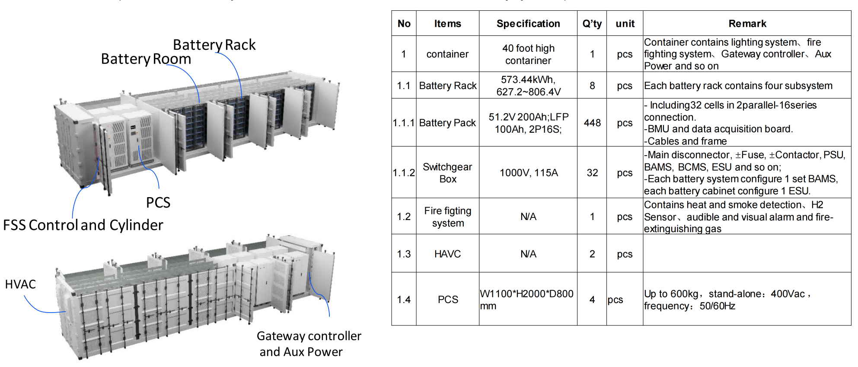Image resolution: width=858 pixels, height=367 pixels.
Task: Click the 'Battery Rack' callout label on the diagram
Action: tap(214, 45)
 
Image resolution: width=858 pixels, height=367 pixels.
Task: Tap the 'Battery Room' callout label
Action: tap(146, 59)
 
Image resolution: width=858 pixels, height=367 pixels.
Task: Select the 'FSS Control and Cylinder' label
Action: tap(83, 225)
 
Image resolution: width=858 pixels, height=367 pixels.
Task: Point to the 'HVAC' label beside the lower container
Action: tap(20, 284)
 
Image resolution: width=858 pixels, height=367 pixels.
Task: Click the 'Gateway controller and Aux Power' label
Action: tap(309, 344)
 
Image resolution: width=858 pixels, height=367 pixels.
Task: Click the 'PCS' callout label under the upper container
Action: tap(158, 203)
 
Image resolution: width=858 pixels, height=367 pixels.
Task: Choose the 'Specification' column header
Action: tap(528, 24)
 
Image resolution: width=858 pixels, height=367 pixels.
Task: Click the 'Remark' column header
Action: tap(747, 24)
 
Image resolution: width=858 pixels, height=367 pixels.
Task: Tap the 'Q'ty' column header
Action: tap(592, 24)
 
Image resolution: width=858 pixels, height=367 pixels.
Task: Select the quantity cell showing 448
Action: tap(592, 123)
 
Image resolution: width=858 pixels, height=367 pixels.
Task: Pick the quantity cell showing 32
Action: tap(592, 173)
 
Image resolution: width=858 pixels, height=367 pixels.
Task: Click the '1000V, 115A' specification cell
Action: tap(528, 173)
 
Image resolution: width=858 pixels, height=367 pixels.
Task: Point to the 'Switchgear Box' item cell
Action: tap(447, 173)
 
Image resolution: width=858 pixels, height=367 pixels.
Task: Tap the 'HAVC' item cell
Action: tap(447, 254)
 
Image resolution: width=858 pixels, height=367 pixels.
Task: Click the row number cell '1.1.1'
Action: tap(404, 123)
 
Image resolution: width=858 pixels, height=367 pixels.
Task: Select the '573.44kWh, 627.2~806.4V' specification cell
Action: tap(528, 86)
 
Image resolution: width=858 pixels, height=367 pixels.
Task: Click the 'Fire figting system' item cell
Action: tap(447, 217)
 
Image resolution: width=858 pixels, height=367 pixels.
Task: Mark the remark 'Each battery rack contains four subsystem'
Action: tap(738, 86)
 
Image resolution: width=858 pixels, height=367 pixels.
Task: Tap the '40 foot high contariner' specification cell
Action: tap(528, 54)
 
